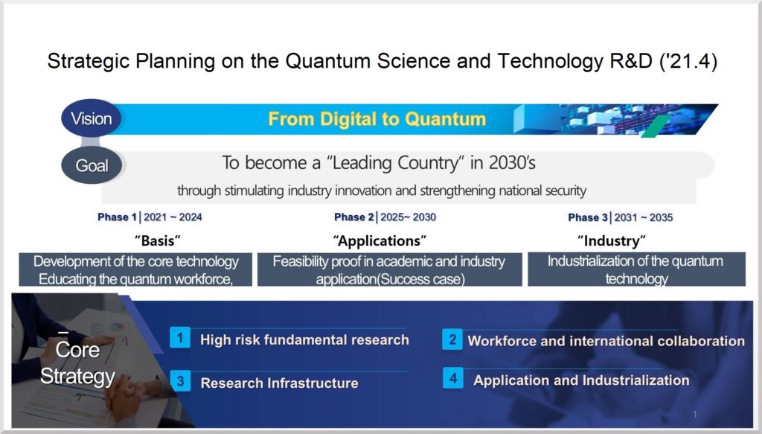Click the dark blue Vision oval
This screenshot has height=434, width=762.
click(x=91, y=118)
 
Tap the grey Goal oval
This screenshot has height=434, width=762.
click(x=92, y=165)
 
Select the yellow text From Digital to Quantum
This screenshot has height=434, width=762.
click(x=377, y=119)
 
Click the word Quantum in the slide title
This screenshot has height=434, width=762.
click(x=328, y=61)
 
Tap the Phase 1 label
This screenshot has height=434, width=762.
click(x=117, y=217)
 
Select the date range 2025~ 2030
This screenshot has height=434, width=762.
click(x=409, y=217)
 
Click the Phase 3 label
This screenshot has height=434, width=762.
click(x=588, y=217)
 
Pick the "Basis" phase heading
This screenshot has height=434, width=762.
click(x=158, y=240)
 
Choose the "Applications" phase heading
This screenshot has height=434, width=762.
click(x=380, y=240)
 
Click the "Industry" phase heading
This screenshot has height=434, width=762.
click(x=612, y=240)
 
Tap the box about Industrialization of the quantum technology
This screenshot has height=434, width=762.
click(x=637, y=269)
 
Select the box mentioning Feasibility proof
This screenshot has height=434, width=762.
click(x=390, y=269)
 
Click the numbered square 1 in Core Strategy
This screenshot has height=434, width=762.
click(x=180, y=337)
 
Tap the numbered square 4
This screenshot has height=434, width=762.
click(x=453, y=378)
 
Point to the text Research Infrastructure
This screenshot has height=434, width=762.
click(x=280, y=383)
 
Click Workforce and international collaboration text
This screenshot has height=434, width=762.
click(x=606, y=341)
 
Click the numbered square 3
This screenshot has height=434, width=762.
click(x=180, y=380)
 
